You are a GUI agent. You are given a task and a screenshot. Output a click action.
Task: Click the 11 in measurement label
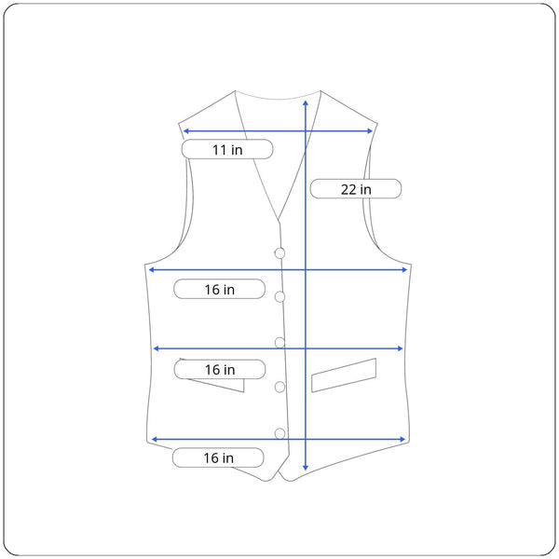tap(227, 149)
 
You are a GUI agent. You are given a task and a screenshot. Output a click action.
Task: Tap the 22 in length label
tap(356, 188)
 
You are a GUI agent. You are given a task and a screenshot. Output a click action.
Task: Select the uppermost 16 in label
tap(219, 289)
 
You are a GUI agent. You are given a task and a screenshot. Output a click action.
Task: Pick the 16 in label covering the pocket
tap(220, 369)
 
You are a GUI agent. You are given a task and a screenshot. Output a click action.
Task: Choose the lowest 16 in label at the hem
tap(218, 457)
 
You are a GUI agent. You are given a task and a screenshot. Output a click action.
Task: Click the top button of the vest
tap(279, 253)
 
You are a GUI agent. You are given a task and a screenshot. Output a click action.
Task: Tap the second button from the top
tap(279, 296)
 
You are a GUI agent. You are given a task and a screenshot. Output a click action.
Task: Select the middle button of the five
tap(279, 343)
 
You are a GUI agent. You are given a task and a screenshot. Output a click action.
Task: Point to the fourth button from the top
tap(279, 387)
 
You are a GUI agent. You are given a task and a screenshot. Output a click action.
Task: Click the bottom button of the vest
tap(279, 433)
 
